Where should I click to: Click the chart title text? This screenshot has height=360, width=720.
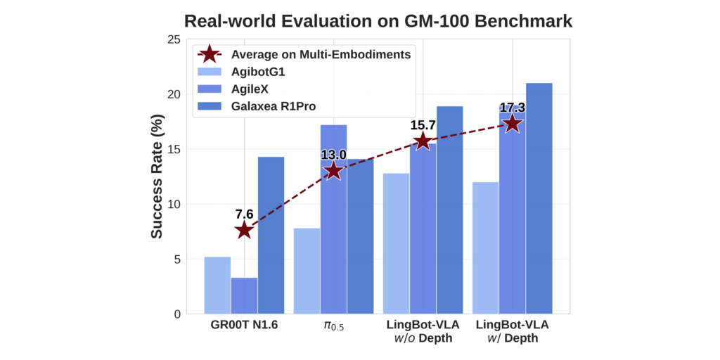(x=378, y=21)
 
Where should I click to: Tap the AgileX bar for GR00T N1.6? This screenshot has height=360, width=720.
(x=244, y=296)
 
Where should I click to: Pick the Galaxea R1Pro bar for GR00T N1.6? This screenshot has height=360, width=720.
(x=271, y=236)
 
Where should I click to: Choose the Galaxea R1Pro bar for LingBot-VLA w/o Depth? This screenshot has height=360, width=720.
(x=449, y=210)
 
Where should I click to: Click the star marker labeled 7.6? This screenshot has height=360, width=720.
(x=244, y=230)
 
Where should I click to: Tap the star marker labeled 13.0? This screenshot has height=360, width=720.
(x=333, y=171)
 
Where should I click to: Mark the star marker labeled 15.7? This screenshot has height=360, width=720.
(x=423, y=141)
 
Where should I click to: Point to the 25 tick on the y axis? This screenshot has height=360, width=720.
(x=173, y=39)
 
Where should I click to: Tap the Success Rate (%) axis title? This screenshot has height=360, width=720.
(x=157, y=176)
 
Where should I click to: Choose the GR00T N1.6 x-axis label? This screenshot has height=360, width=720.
(x=244, y=326)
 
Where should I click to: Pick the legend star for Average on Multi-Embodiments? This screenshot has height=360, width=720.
(x=210, y=54)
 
